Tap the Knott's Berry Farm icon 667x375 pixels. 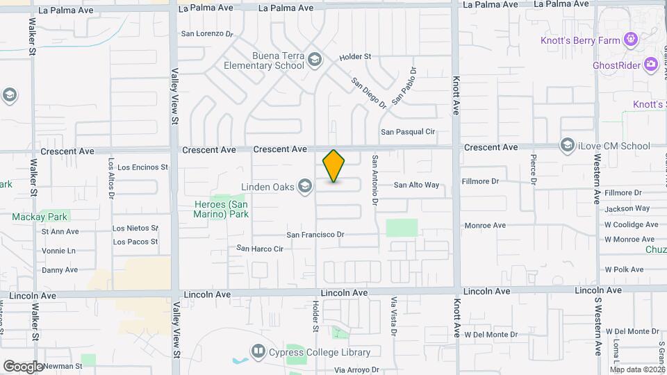point(631,39)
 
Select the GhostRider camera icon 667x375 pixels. point(651,65)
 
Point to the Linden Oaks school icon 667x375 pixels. point(304,185)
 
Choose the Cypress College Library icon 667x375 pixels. point(258,351)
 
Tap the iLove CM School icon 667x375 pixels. point(567,145)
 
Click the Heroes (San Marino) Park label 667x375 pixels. point(220,209)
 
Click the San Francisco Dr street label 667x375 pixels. point(315,235)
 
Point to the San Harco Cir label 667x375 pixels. point(260,248)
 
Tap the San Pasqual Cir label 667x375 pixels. point(407,131)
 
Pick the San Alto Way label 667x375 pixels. point(417,185)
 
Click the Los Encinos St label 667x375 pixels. point(142,167)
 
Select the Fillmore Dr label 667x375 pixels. point(480,181)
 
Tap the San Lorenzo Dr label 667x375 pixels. point(206,33)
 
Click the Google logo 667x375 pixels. point(23,366)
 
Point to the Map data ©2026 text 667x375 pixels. point(637,369)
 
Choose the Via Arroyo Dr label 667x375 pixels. point(356,371)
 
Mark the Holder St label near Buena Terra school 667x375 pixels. point(355,56)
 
